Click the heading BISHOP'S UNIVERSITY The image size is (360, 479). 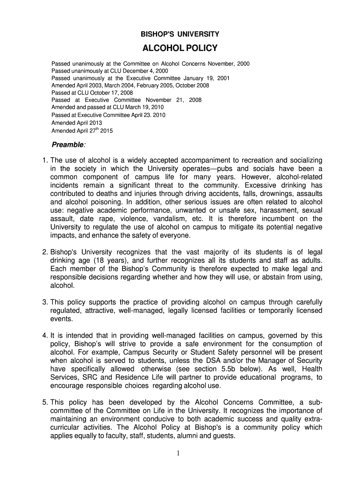[180, 34]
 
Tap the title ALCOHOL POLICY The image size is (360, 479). [180, 48]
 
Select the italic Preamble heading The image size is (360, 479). [68, 144]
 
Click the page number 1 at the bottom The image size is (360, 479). [180, 453]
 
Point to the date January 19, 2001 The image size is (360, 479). [206, 78]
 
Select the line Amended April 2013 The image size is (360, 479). [76, 123]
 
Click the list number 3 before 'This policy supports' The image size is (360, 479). [44, 302]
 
